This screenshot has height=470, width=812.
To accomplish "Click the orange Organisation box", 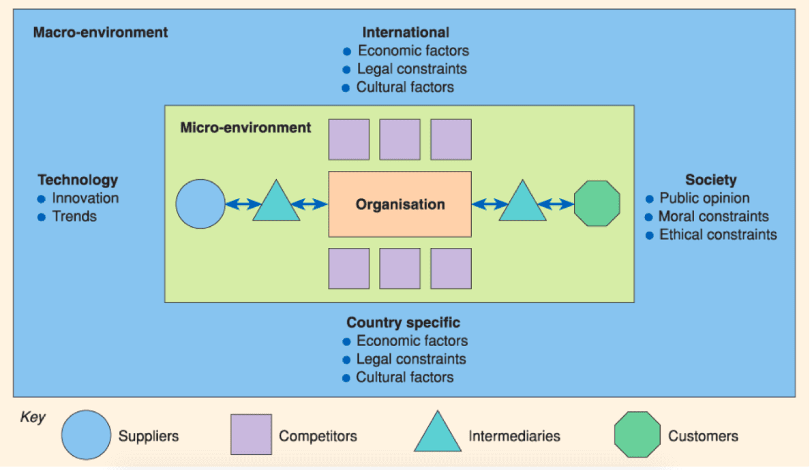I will [400, 204].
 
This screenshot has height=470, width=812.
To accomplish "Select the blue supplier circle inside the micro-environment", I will [200, 204].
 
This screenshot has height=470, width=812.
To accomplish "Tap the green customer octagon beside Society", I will [597, 204].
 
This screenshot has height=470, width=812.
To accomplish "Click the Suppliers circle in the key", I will [86, 436].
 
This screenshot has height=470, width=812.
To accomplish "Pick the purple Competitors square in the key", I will [251, 435].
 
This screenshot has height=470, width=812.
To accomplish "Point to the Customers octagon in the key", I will [637, 435].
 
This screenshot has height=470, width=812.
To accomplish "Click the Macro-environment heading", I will [100, 32].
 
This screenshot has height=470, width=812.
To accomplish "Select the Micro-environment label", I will [245, 127].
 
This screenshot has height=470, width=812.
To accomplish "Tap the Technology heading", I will [78, 180].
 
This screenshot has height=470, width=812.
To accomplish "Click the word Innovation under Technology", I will [85, 198].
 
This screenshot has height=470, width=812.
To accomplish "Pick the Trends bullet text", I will [74, 217].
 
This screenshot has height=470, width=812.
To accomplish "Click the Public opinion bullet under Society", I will [704, 198].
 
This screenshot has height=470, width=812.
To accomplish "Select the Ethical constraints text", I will [718, 235].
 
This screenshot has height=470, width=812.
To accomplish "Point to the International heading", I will [406, 32].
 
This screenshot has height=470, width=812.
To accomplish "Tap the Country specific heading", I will [404, 322].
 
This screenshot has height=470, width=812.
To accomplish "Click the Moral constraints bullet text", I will [713, 217].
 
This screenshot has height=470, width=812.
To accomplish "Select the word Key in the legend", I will [33, 417].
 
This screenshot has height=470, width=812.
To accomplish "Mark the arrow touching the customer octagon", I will [556, 204].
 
